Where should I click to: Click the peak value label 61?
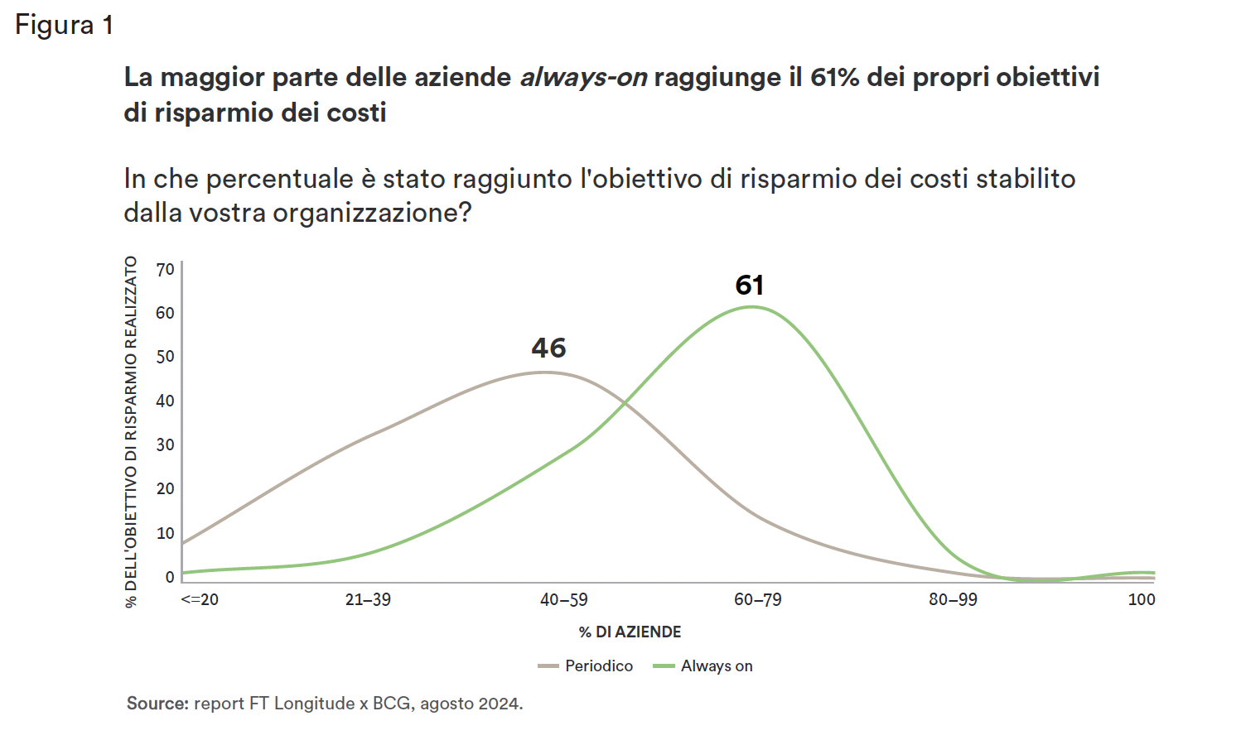(750, 286)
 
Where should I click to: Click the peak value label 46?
(548, 348)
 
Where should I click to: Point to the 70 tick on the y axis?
(165, 270)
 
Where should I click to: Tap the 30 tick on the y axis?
(165, 445)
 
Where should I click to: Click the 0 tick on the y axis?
(170, 577)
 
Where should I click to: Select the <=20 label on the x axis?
(200, 600)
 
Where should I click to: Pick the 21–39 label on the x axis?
(368, 600)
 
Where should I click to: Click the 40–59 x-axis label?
(563, 600)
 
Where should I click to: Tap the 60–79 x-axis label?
(757, 600)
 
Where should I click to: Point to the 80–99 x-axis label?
(953, 600)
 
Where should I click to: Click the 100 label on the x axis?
(1141, 600)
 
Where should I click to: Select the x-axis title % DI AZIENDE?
(630, 632)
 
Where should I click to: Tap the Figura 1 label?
(64, 25)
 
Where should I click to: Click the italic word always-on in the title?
(583, 78)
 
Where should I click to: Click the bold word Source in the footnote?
(157, 704)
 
